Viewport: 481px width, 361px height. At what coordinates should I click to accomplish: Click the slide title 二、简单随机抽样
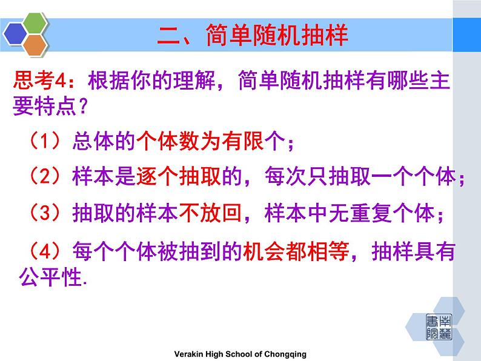[x=253, y=35]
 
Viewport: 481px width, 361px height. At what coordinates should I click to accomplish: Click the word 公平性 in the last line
[x=49, y=278]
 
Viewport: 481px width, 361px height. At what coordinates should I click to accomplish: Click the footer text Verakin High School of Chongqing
[x=240, y=354]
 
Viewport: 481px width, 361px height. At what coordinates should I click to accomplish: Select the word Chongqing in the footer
[x=289, y=354]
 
